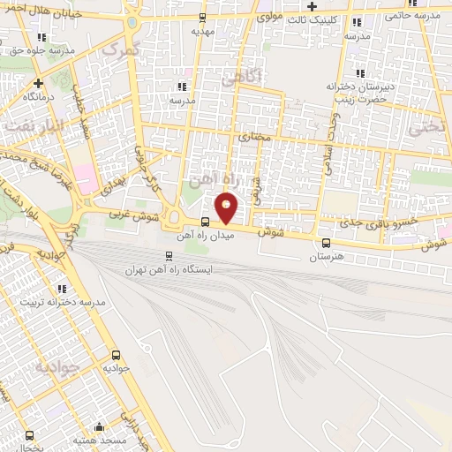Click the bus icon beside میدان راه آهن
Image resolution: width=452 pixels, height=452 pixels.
point(205,222)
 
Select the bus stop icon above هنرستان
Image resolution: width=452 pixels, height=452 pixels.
point(326,243)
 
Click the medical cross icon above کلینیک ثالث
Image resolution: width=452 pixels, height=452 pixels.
point(312,7)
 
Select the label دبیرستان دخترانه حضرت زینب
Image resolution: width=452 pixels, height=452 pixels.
point(358,93)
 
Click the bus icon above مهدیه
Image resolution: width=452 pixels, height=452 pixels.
point(202,17)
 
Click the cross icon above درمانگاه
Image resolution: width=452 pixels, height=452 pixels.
point(38,83)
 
